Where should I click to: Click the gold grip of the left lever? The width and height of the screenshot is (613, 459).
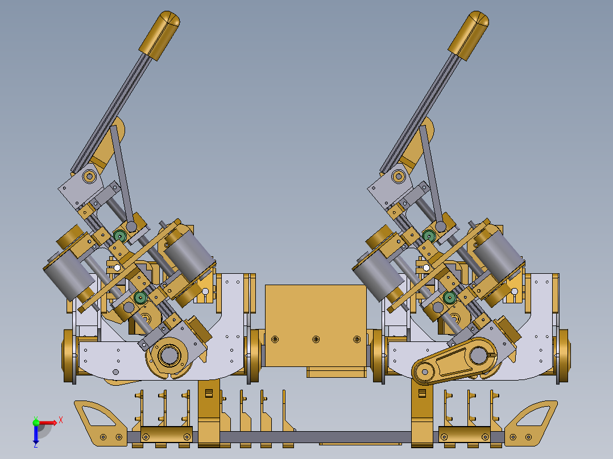[x=159, y=35]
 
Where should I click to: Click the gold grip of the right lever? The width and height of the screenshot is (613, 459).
[x=469, y=35]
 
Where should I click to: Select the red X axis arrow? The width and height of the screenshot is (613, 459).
[x=48, y=423]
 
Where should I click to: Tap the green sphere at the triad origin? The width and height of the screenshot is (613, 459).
[x=36, y=422]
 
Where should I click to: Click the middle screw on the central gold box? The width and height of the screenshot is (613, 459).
[x=316, y=340]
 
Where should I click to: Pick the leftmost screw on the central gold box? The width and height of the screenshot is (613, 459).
[x=275, y=340]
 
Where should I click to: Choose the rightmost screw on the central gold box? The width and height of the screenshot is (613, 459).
[x=357, y=340]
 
